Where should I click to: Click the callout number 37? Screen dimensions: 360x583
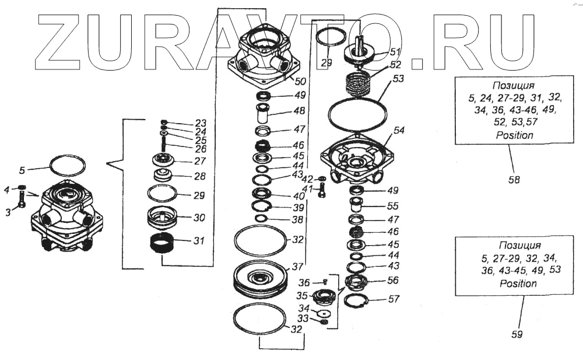[x=298, y=267]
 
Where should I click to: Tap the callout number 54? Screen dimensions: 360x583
[x=399, y=131]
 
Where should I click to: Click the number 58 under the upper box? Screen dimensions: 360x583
[x=514, y=180]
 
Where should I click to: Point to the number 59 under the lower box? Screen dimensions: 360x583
[x=517, y=334]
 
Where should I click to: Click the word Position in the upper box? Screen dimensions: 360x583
[x=514, y=135]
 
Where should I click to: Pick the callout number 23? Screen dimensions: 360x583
[x=201, y=123]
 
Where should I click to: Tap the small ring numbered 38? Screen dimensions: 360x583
[x=262, y=219]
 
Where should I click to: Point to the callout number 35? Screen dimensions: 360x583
[x=301, y=296]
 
